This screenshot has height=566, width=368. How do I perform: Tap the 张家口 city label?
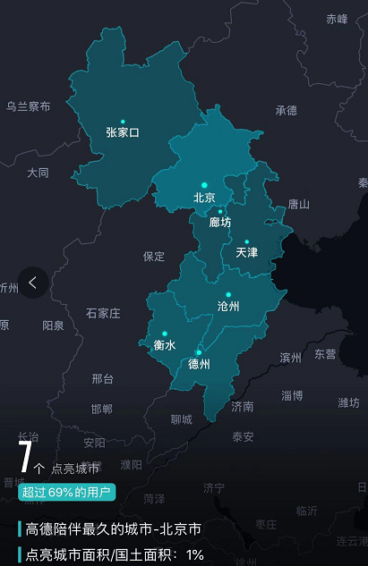tap(123, 132)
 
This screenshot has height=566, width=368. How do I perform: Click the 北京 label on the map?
tap(204, 198)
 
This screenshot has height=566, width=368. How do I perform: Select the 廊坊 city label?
tap(220, 222)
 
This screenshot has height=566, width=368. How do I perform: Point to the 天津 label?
tap(246, 253)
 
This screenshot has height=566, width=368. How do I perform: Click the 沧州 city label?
tap(228, 306)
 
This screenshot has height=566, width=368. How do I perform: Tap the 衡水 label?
tap(164, 344)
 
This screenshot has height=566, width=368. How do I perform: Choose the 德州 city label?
tap(199, 364)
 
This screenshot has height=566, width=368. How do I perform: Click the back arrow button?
tap(33, 283)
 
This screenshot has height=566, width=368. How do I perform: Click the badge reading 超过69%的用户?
tap(66, 492)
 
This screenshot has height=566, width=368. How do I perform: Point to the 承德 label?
tap(286, 111)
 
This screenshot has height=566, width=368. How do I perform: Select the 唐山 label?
tap(298, 204)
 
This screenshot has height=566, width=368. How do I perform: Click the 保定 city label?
tap(154, 257)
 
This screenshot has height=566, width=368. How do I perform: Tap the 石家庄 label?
tap(103, 313)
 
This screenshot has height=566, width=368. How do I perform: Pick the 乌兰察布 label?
tap(28, 106)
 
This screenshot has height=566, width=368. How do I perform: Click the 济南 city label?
tap(242, 406)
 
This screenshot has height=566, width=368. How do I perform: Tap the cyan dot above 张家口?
tap(123, 121)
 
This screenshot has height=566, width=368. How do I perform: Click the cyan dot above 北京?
tap(204, 184)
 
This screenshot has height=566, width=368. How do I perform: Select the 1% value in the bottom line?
tap(195, 554)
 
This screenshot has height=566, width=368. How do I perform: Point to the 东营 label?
tap(325, 354)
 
